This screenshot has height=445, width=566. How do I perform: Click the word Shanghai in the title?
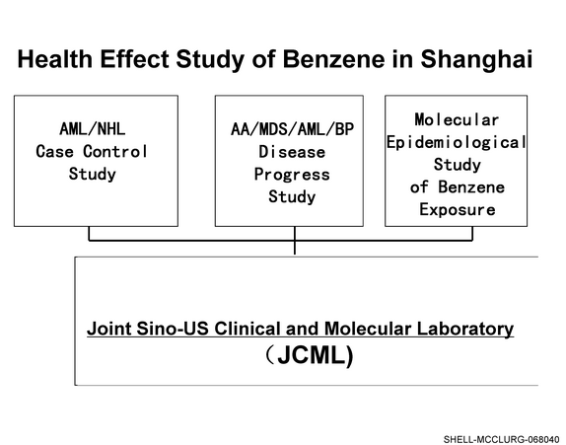[x=476, y=59]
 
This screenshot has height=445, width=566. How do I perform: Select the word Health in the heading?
[x=55, y=59]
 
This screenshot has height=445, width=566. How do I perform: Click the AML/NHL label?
[x=93, y=129]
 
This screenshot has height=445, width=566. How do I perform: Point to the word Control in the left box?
[x=115, y=151]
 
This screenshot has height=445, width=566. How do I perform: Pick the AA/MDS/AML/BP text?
[x=293, y=129]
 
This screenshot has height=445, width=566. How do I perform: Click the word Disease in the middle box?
[x=292, y=152]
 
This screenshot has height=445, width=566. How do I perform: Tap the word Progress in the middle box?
[x=292, y=175]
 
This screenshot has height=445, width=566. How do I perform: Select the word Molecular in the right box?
[x=457, y=120]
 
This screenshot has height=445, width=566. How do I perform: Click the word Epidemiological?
[x=457, y=142]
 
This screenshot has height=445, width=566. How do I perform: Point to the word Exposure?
[x=458, y=209]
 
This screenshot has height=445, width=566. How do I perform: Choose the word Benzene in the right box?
[x=471, y=187]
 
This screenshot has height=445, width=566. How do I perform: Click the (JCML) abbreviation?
[x=309, y=355]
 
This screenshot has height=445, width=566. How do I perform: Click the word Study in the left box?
[x=93, y=174]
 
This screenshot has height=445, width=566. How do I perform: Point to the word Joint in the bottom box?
[x=108, y=329]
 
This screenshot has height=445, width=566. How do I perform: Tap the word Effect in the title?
[x=135, y=59]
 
